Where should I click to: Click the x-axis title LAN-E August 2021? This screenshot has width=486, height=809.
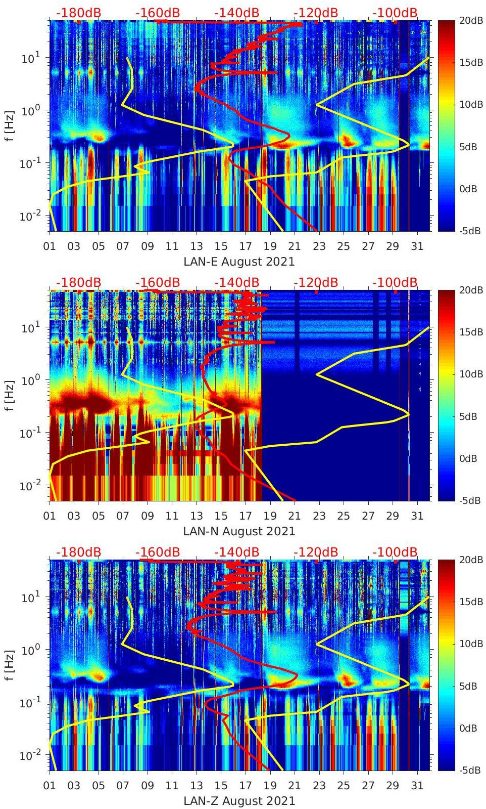coord(239,262)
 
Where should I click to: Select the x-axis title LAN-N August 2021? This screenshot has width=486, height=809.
coord(239,531)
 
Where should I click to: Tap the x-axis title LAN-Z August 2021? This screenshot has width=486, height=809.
coord(239,801)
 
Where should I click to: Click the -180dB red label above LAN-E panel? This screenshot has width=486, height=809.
coord(78,13)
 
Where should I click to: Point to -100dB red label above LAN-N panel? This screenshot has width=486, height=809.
coord(395,282)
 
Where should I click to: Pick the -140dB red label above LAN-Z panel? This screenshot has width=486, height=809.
coord(236,552)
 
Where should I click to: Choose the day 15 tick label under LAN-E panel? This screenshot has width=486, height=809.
coord(221,246)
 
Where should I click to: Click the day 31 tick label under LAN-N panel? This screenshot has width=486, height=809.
coord(417,516)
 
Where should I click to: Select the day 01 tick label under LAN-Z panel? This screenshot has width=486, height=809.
coord(50,786)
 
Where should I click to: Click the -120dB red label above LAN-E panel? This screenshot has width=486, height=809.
coord(316,13)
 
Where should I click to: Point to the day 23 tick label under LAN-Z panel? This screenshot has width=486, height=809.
coord(319,786)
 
